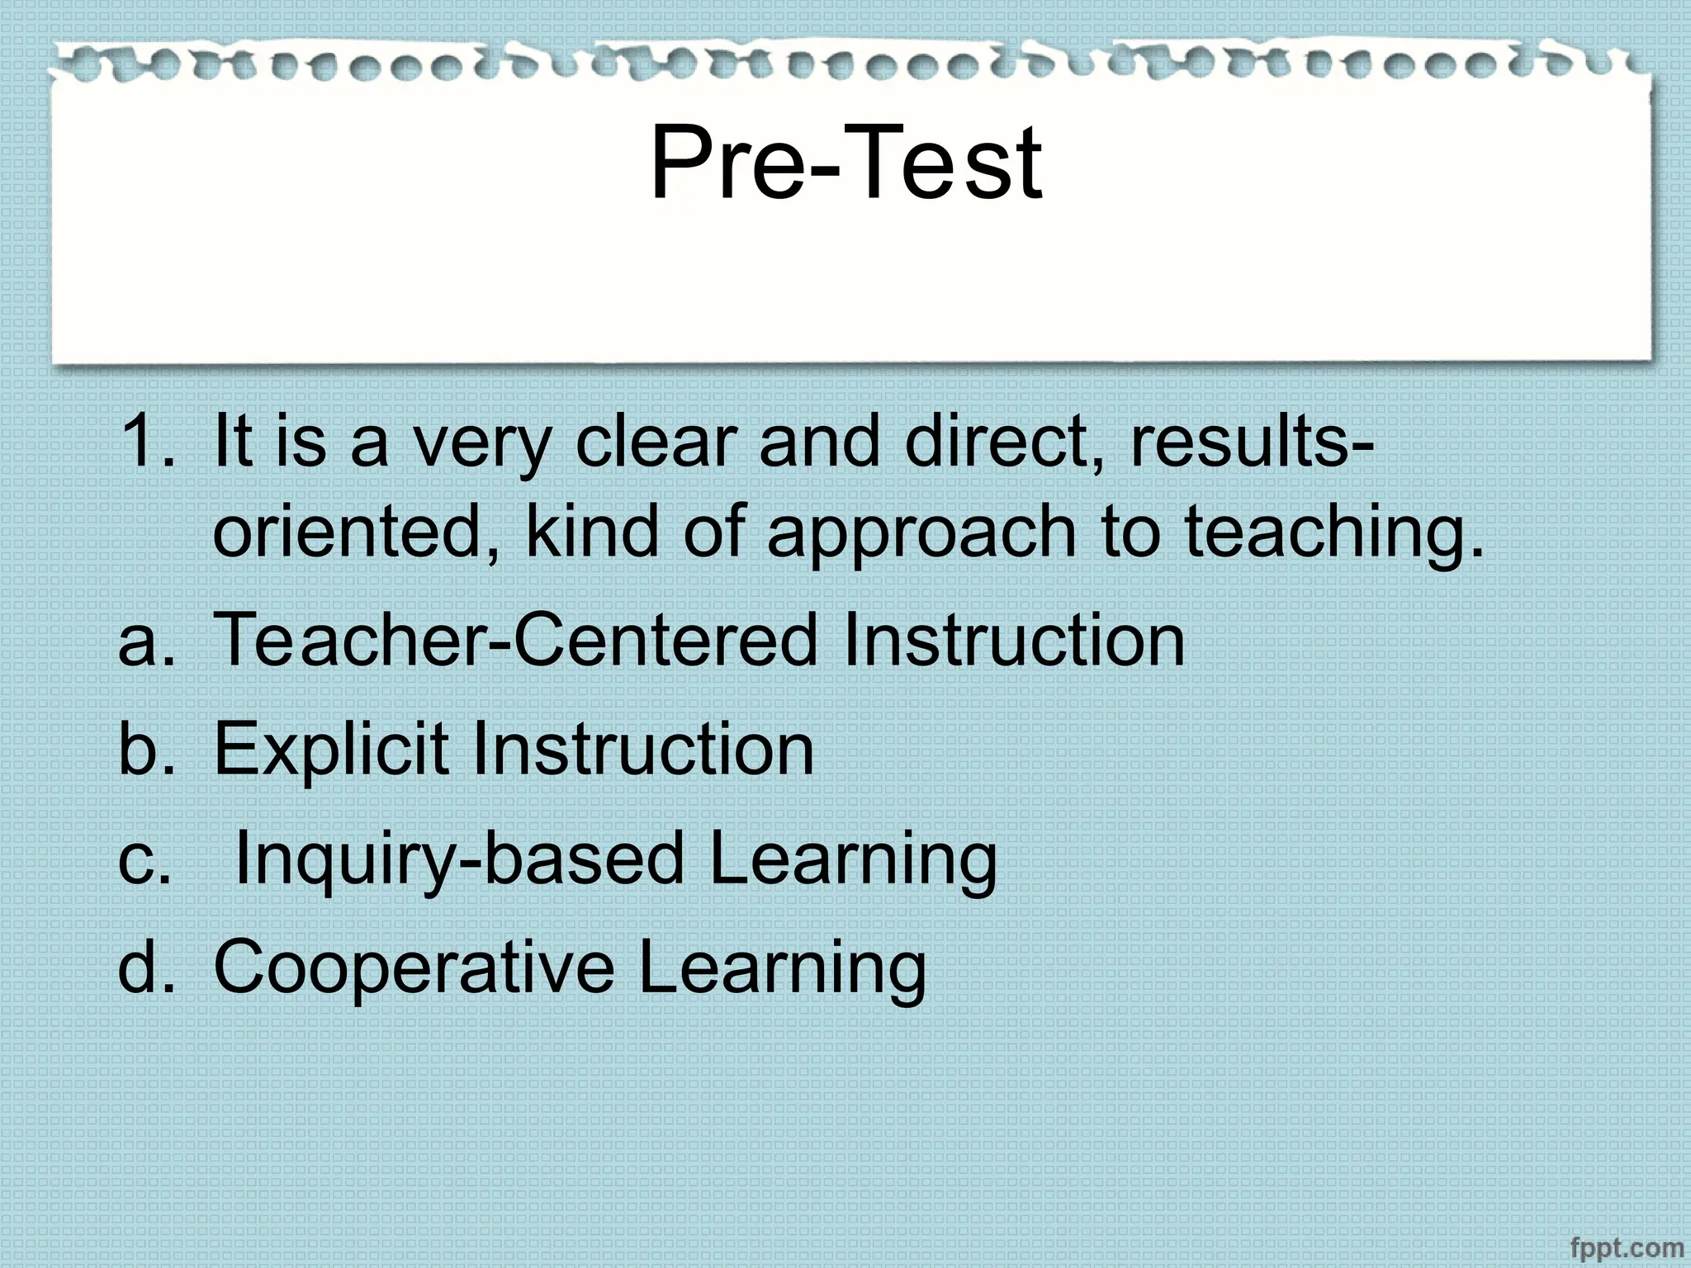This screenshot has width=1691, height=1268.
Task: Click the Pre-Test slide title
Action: coord(845,163)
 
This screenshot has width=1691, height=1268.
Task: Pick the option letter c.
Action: coord(143,860)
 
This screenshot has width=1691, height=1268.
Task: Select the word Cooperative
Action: coord(414,968)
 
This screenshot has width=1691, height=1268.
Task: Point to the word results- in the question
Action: coord(1252,442)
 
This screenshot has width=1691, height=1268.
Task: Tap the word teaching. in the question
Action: coord(1334,532)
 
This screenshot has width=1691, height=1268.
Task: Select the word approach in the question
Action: coord(921,532)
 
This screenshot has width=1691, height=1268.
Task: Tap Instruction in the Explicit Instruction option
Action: coord(643,749)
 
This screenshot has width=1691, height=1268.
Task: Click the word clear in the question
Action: coord(655,442)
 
